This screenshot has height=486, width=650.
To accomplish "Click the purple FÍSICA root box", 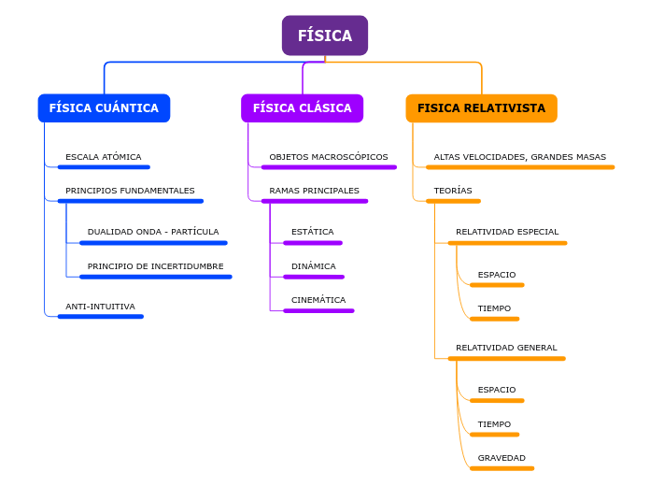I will point(324,36).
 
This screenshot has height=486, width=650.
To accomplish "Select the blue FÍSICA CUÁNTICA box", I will point(104,108).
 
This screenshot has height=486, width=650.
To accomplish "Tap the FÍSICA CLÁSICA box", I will point(302,108).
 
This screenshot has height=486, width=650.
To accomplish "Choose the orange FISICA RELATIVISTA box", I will point(481,108).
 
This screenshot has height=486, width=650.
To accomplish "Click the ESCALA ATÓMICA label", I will point(103,157).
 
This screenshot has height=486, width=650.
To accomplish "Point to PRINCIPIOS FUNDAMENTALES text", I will point(130,191).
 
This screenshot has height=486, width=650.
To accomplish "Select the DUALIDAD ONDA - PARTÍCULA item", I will point(153,232).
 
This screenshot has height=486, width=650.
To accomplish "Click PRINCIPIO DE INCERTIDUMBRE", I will point(155,266).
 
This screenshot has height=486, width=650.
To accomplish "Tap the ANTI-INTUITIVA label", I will point(100,307).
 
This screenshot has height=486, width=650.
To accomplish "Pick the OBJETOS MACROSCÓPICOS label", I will point(328,157).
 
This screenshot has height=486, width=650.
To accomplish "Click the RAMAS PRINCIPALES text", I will point(314,191).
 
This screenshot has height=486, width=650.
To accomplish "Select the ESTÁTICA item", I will point(312,232).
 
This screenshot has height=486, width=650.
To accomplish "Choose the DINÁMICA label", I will point(313,266).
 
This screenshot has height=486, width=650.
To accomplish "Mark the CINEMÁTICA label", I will point(318,300).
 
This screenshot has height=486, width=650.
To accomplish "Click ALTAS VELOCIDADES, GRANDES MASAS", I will point(519,157).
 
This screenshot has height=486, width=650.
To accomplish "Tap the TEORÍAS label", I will point(453,191).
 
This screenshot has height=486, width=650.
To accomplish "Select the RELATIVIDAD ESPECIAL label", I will point(507,232).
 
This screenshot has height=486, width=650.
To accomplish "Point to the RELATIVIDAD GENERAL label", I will point(506,348).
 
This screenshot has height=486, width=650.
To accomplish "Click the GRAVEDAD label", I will point(502,458).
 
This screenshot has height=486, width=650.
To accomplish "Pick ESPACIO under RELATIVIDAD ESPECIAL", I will point(496,275).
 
